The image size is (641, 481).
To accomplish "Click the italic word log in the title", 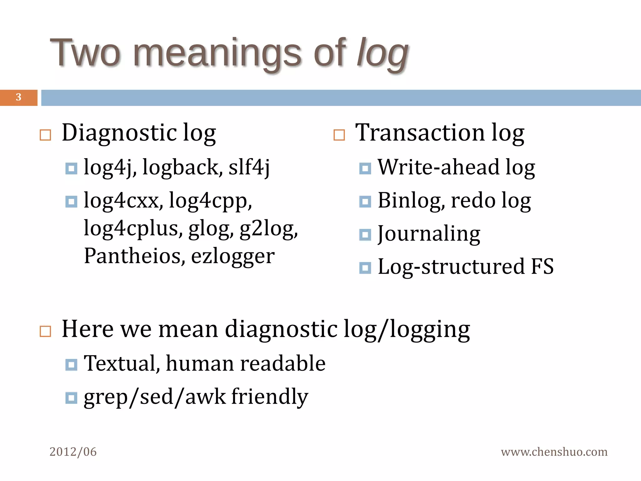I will (382, 53).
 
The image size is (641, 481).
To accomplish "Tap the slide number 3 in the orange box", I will (18, 97).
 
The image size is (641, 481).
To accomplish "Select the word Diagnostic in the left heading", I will (119, 133).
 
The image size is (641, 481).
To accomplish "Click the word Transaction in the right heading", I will (420, 133).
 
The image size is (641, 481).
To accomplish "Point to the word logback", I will (182, 167).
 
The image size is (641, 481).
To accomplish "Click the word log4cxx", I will (123, 200).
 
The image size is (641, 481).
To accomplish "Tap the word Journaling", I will (429, 234).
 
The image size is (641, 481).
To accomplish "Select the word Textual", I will (122, 364).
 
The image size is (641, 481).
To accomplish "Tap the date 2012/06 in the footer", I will (73, 452).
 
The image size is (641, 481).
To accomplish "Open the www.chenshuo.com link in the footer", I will (554, 452).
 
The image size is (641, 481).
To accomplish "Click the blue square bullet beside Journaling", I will (365, 235).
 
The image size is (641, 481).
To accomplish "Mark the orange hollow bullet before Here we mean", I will (45, 331).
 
